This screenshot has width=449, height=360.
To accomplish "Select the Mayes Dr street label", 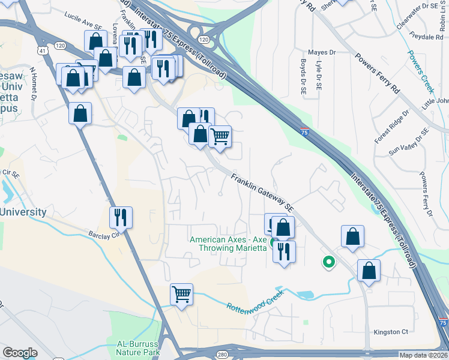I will tap(321, 53).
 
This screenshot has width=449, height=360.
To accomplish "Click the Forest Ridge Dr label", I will tap(391, 127).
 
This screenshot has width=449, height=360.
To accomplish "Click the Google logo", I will tap(20, 353).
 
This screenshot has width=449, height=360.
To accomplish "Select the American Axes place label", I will tap(228, 244).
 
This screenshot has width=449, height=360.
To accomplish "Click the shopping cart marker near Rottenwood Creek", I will tap(181, 295).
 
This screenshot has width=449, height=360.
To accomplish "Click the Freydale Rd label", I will tap(427, 37).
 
